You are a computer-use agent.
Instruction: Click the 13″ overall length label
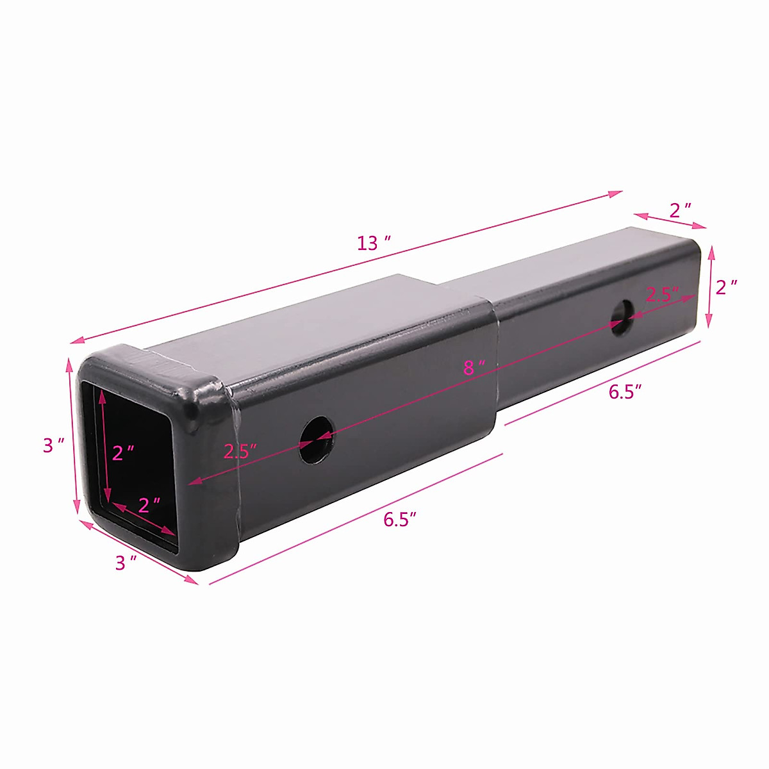click(x=374, y=244)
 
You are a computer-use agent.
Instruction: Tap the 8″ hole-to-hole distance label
click(x=474, y=367)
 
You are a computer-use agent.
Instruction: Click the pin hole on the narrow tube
click(x=621, y=316)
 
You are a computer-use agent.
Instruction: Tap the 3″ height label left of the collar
click(x=54, y=445)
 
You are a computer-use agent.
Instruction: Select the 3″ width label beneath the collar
click(x=126, y=563)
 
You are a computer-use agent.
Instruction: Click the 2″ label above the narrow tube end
click(x=680, y=210)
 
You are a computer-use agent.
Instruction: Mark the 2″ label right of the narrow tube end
click(x=726, y=287)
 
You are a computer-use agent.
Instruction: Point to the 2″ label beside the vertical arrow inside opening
click(x=123, y=453)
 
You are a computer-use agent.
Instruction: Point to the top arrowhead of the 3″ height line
click(x=70, y=363)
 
